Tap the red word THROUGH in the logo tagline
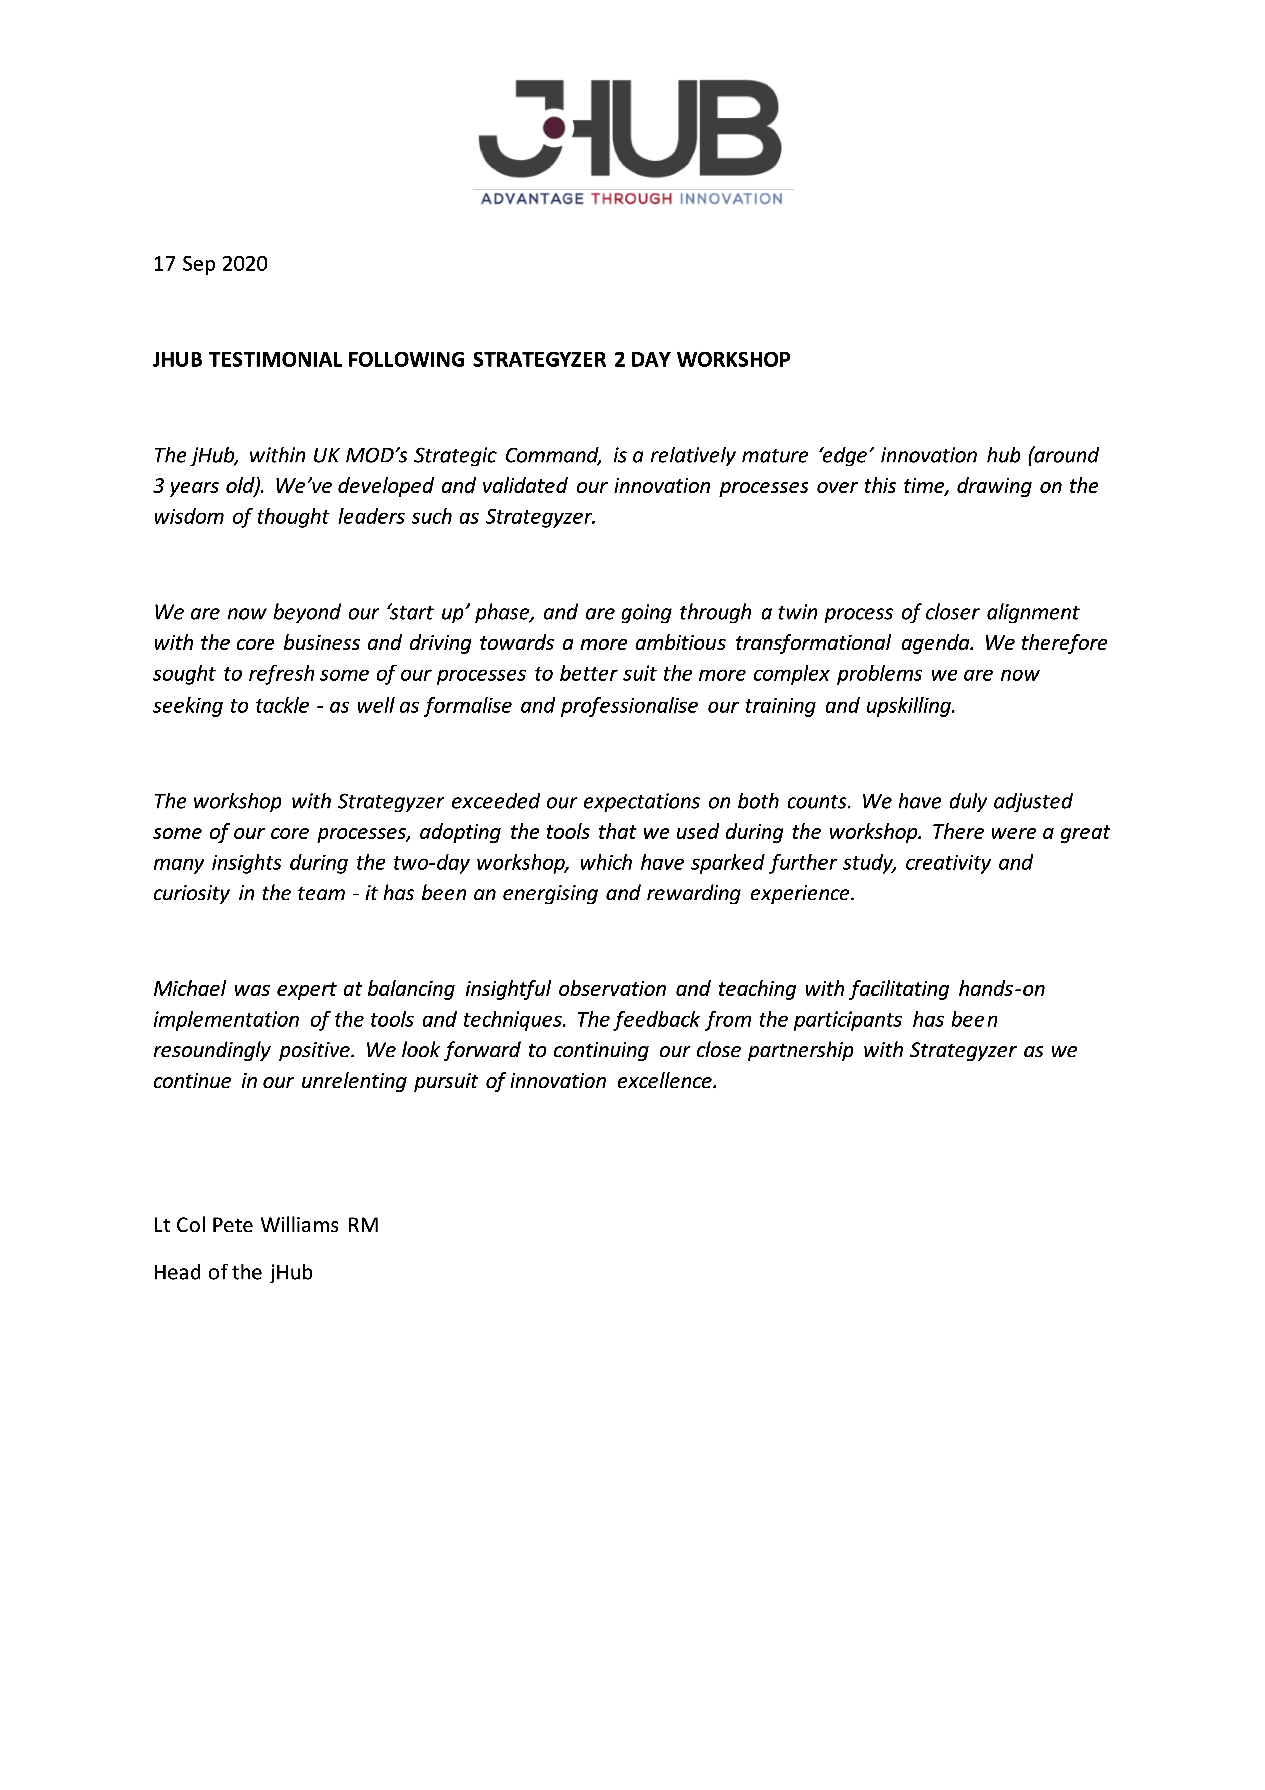[631, 199]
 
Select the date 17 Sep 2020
[210, 264]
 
